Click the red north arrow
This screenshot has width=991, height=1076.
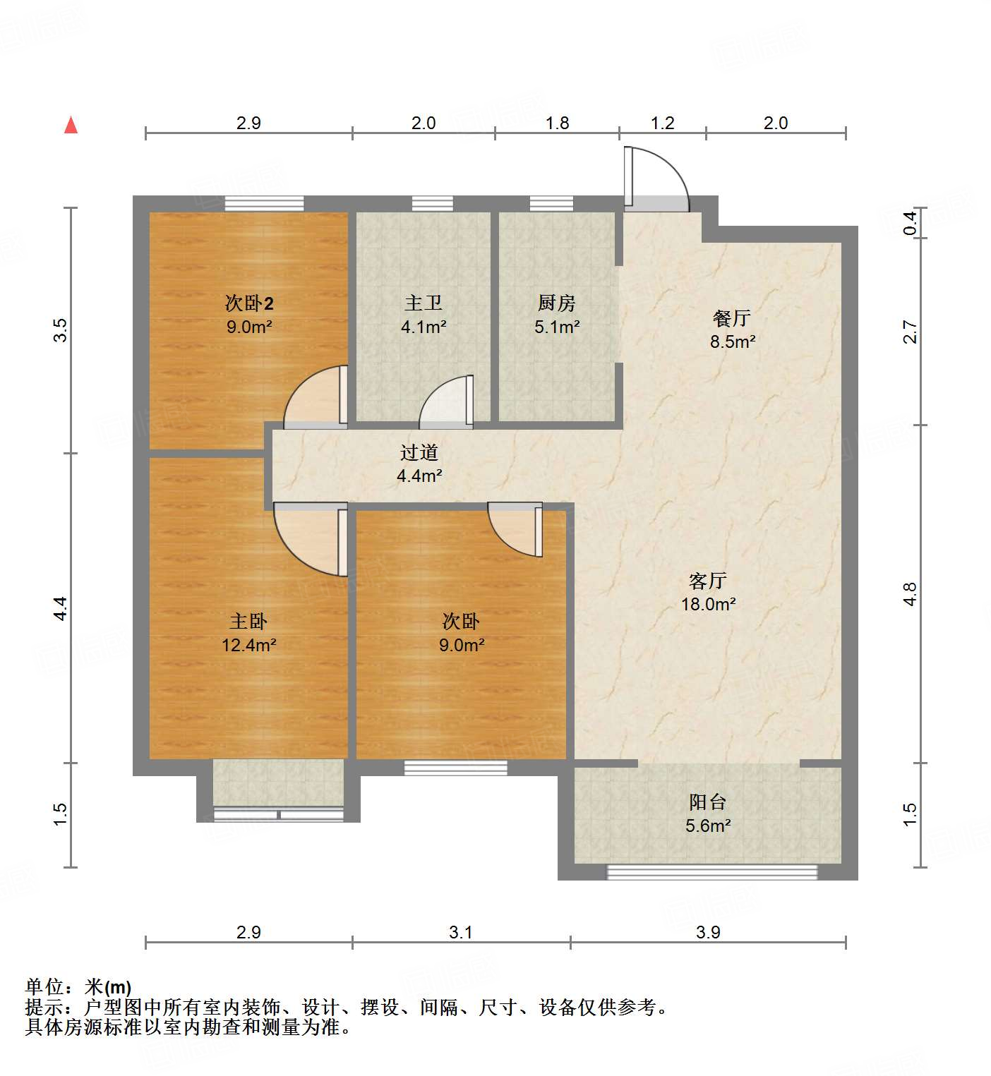point(71,125)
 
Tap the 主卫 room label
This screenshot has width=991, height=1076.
point(424,303)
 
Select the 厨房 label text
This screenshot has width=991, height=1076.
point(556,303)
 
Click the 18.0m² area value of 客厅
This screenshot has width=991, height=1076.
point(708,605)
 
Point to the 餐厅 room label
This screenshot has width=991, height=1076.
point(731,318)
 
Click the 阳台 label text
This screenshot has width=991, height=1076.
point(707,802)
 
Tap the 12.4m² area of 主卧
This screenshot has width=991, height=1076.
point(248,645)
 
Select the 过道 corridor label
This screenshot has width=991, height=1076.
point(419,452)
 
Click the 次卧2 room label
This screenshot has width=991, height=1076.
point(248,303)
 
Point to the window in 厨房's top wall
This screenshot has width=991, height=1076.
point(551,204)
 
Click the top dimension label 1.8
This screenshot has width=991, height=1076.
point(557,123)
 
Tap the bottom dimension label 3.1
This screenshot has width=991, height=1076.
point(460,933)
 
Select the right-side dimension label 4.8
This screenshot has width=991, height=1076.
point(910,593)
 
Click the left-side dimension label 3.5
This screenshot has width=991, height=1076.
point(61,330)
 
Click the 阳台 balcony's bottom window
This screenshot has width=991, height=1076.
point(711,873)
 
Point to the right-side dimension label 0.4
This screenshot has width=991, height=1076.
point(911,223)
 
